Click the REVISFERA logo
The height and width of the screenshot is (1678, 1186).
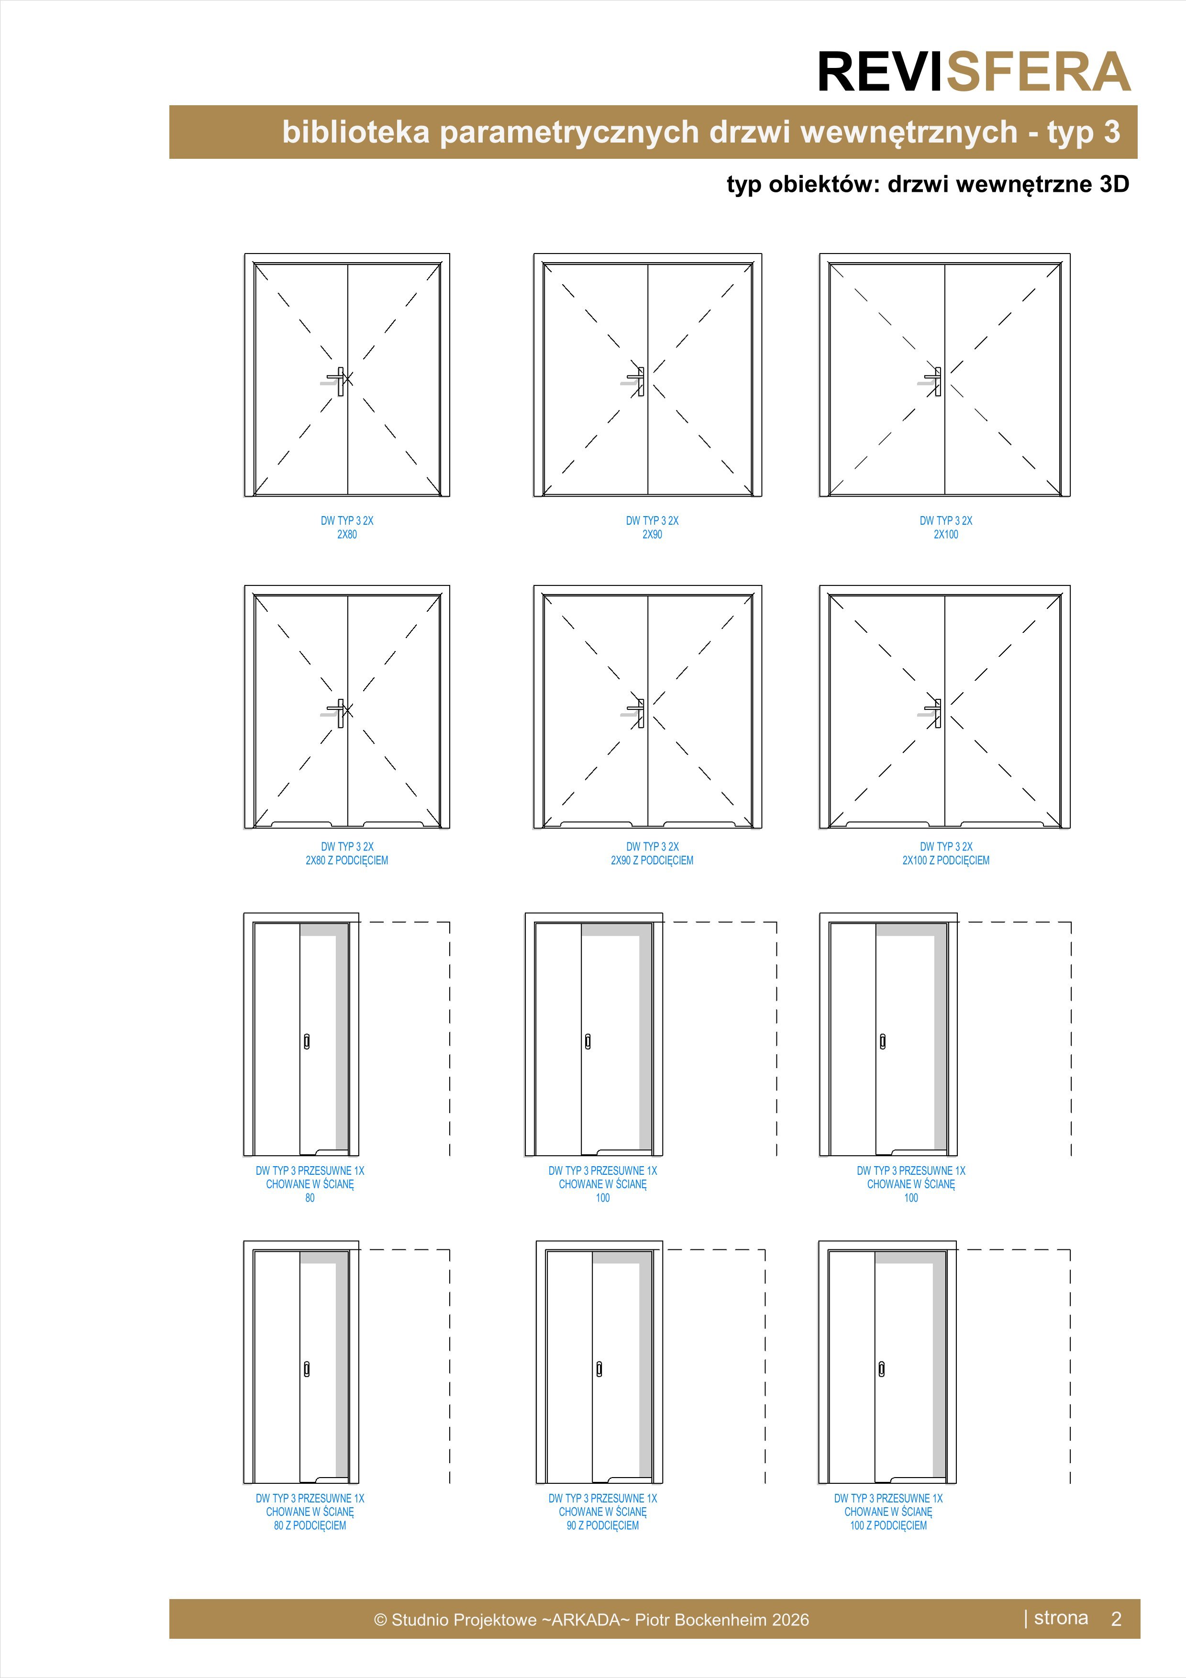pyautogui.click(x=974, y=72)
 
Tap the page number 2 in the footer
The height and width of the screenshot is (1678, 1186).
pyautogui.click(x=1116, y=1619)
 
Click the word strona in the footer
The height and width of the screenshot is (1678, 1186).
pyautogui.click(x=1061, y=1618)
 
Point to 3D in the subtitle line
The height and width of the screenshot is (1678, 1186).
pyautogui.click(x=1114, y=184)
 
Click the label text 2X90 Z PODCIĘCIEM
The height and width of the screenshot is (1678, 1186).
pyautogui.click(x=652, y=860)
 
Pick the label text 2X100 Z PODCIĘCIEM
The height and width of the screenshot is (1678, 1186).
pyautogui.click(x=945, y=860)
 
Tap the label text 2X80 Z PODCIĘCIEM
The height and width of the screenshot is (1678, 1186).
pyautogui.click(x=347, y=860)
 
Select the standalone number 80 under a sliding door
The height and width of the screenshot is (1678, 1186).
pyautogui.click(x=310, y=1198)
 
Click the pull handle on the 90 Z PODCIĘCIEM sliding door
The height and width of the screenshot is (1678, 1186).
pyautogui.click(x=599, y=1369)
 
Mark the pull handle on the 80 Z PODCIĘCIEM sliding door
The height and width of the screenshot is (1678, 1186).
pyautogui.click(x=307, y=1369)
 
